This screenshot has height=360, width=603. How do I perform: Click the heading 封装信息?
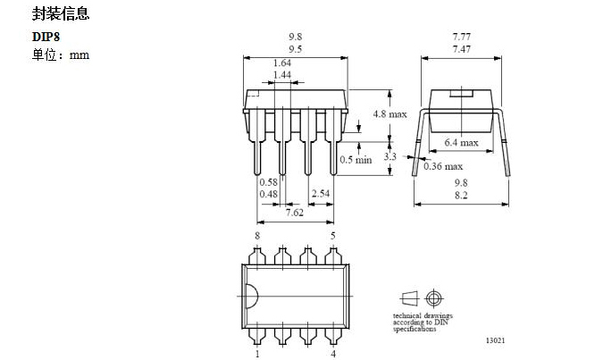(x=61, y=15)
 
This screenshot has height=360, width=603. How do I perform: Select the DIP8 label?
(x=46, y=38)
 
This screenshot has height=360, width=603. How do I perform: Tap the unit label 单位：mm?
(x=61, y=55)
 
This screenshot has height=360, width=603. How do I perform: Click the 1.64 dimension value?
(x=282, y=63)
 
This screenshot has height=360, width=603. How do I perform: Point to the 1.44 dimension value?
(x=282, y=75)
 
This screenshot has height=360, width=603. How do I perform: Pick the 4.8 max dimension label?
(x=389, y=114)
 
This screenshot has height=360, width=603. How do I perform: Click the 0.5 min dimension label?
(x=356, y=160)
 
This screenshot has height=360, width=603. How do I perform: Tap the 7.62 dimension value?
(x=294, y=213)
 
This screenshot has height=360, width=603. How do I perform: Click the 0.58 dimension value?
(x=269, y=182)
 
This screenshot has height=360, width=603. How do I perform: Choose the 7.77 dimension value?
(x=461, y=37)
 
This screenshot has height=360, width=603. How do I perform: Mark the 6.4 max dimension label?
(x=461, y=141)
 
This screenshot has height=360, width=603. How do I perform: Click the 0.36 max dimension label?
(x=443, y=166)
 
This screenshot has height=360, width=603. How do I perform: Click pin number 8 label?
(x=257, y=235)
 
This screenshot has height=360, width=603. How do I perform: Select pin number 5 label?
(x=333, y=235)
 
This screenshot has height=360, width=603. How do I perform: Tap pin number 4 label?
(x=333, y=354)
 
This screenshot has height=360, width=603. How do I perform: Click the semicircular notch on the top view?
(x=249, y=295)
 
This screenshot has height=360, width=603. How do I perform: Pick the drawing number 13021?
(x=497, y=340)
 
